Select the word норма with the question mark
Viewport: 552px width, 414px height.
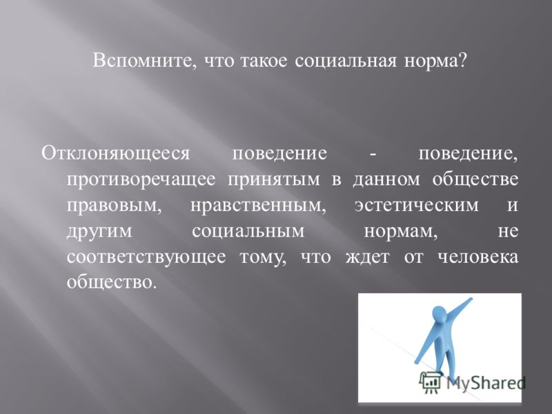click(x=435, y=61)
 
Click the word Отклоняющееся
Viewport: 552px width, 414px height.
click(x=115, y=154)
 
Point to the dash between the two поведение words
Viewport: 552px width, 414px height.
click(x=373, y=155)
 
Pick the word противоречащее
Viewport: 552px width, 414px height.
click(x=141, y=179)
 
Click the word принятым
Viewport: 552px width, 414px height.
click(x=274, y=179)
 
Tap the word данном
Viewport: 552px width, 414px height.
click(x=386, y=179)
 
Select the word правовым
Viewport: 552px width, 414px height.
click(x=114, y=205)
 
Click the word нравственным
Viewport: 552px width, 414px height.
click(x=258, y=205)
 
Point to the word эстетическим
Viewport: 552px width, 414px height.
click(x=417, y=205)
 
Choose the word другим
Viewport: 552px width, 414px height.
click(x=99, y=231)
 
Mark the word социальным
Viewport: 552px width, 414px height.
click(x=248, y=231)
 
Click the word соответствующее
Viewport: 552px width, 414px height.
click(x=146, y=257)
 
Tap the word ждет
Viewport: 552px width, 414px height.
click(x=367, y=257)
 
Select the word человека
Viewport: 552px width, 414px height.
click(x=478, y=257)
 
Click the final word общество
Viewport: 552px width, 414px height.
click(x=111, y=282)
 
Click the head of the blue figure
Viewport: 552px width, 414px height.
click(x=439, y=314)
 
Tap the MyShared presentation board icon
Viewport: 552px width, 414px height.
click(x=431, y=382)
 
